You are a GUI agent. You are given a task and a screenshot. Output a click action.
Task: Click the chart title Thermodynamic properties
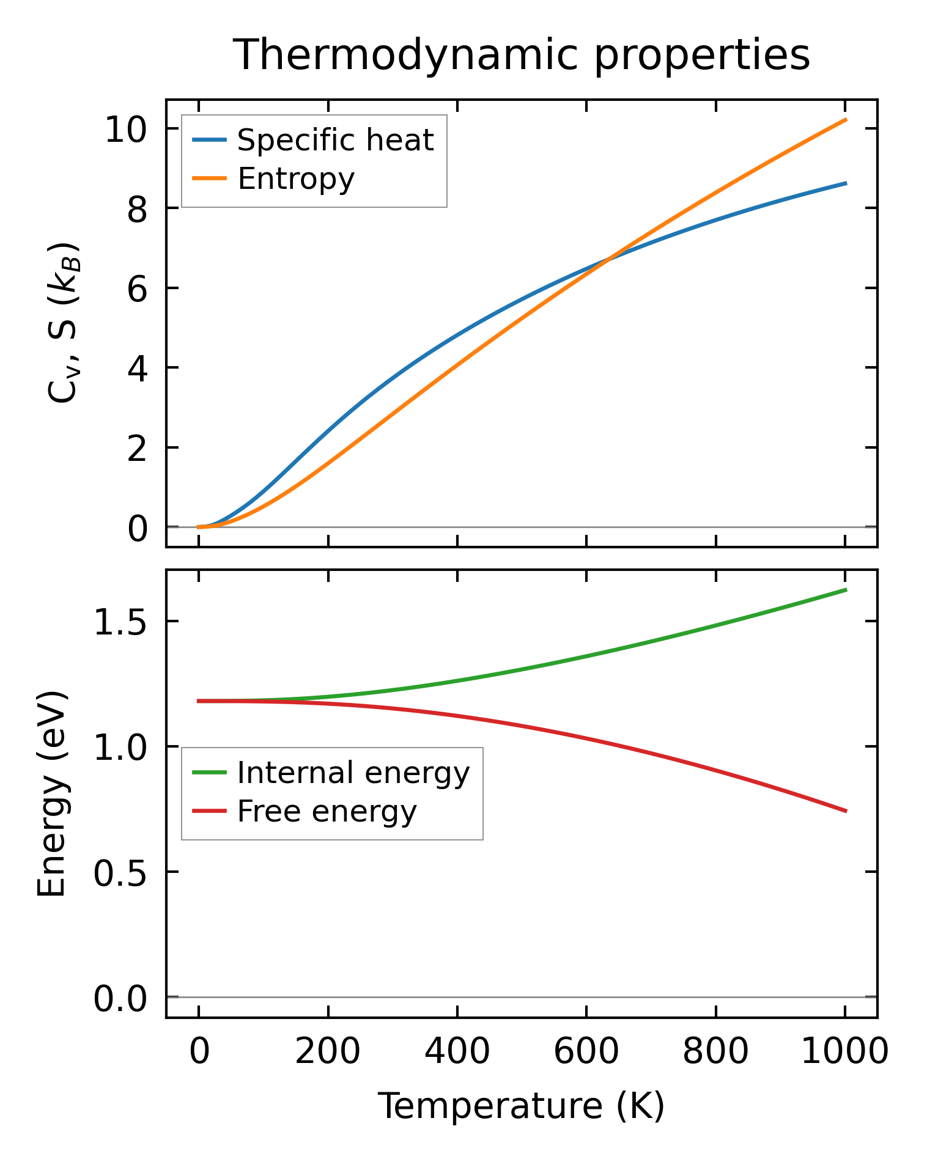(522, 55)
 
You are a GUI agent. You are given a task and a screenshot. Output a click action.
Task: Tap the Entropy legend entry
(296, 179)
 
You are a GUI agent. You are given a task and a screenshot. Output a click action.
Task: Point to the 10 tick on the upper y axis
(127, 130)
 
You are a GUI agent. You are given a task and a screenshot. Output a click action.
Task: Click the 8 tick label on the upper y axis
(137, 210)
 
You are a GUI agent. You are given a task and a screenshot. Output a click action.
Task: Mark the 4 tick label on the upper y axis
(137, 369)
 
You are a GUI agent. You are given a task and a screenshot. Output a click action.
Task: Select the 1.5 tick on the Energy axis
(120, 623)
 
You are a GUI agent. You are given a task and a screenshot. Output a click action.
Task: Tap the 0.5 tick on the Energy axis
(120, 873)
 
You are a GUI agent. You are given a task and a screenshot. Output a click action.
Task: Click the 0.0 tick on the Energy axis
(120, 999)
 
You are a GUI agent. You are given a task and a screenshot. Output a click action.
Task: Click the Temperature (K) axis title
(522, 1106)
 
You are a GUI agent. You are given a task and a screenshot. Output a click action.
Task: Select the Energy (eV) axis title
(51, 795)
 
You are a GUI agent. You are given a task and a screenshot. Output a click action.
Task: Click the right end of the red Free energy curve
(846, 811)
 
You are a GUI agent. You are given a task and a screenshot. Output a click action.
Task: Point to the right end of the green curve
(846, 590)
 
